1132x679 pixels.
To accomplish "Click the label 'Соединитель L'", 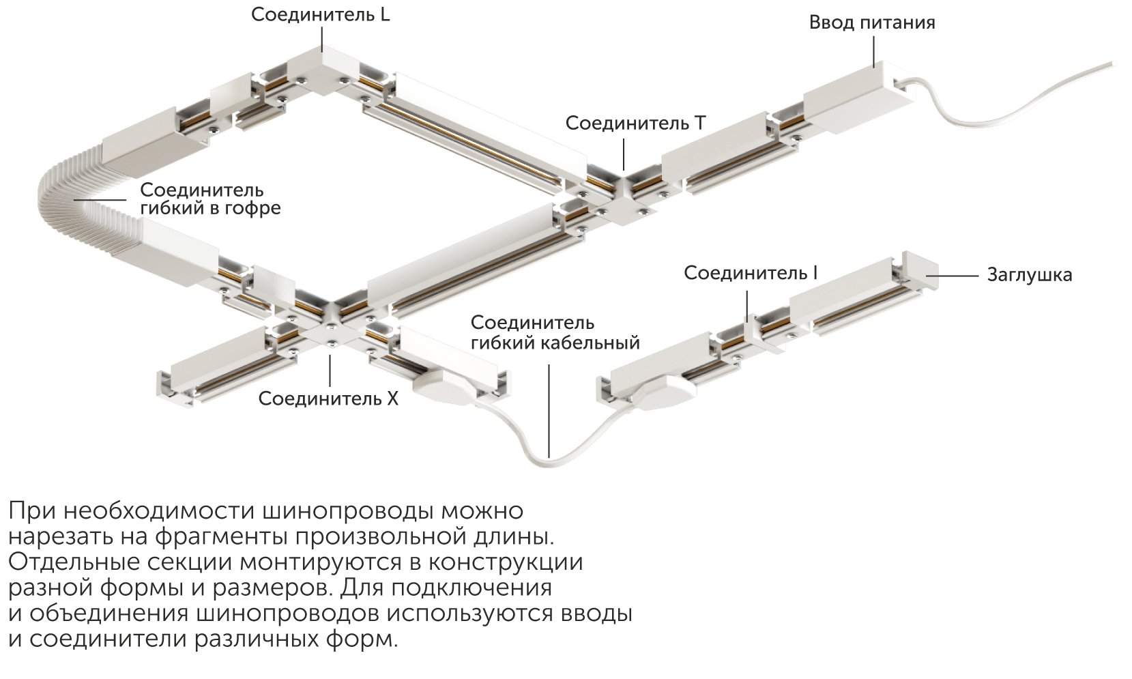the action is coord(321,14).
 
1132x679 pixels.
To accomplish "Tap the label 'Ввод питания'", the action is coord(872,23).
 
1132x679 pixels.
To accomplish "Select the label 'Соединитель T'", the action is coord(635,123).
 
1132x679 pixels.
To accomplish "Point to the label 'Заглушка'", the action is coord(1030,275).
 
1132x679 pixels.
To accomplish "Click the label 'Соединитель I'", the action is coord(751,273).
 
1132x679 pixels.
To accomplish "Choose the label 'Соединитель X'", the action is coord(328,399).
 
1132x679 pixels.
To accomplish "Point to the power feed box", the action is coord(859,99).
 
